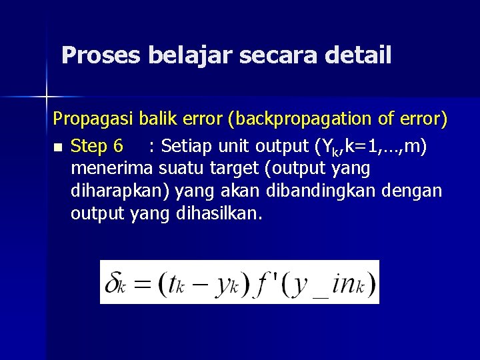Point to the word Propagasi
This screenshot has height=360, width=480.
[94, 120]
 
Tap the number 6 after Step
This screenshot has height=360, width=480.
[118, 145]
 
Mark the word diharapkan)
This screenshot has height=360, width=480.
[122, 192]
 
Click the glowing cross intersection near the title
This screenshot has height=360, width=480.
[46, 97]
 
